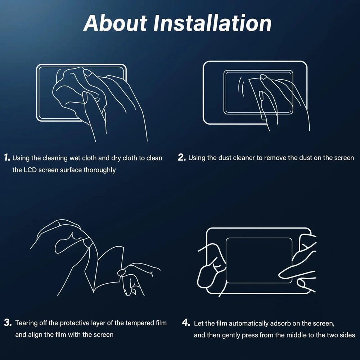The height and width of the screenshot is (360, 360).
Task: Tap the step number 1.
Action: pyautogui.click(x=7, y=158)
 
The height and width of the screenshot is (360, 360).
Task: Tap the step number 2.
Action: pyautogui.click(x=181, y=158)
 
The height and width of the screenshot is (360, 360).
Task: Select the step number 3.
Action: pyautogui.click(x=8, y=323)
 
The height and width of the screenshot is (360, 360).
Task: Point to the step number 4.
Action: pyautogui.click(x=186, y=323)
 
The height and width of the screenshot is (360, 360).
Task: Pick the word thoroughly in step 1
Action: pyautogui.click(x=100, y=170)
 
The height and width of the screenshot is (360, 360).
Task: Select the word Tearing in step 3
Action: pyautogui.click(x=27, y=323)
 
